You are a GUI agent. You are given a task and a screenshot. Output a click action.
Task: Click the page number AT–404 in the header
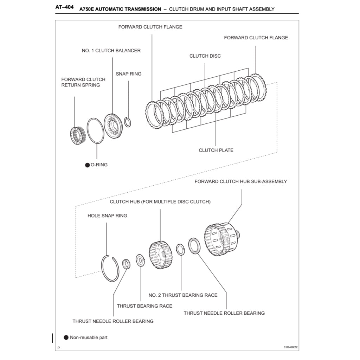(x=64, y=7)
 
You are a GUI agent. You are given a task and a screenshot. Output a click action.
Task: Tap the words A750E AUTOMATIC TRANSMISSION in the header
(x=120, y=9)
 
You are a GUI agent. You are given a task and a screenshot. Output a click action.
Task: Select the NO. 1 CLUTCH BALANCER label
(x=111, y=51)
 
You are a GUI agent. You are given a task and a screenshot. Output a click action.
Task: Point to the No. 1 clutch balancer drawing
(x=114, y=126)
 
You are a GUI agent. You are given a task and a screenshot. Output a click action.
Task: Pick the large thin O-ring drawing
(x=95, y=130)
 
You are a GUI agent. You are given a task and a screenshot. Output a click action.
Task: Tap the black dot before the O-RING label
(x=87, y=165)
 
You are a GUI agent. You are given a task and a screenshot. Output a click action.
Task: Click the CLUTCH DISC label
(x=205, y=56)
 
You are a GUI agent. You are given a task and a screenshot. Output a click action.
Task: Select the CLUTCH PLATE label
(x=216, y=150)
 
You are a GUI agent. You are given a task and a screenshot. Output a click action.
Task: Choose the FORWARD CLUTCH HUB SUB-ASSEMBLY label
(x=240, y=182)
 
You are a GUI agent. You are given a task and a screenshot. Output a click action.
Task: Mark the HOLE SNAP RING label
(x=107, y=216)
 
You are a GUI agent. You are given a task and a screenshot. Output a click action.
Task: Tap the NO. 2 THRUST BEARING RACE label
(x=183, y=295)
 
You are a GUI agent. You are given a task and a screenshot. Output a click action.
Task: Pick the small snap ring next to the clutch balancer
(x=128, y=122)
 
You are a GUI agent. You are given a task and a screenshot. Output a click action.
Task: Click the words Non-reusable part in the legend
(x=89, y=338)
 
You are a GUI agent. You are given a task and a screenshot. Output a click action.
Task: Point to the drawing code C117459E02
(x=290, y=347)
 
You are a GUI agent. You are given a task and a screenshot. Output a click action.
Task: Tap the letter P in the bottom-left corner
(x=59, y=348)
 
